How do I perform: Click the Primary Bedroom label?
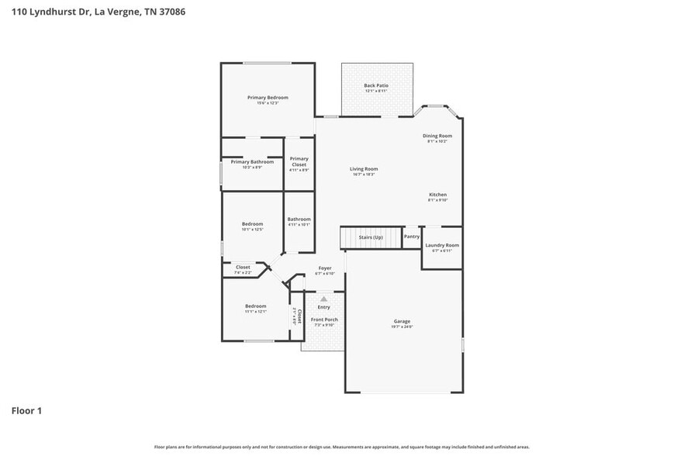268,98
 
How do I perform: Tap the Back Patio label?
376,85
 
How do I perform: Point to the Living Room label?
363,169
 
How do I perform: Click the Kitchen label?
438,195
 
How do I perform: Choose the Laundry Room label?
441,245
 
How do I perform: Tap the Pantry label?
412,237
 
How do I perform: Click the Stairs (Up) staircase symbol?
371,237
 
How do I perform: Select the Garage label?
402,321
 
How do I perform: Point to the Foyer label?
324,268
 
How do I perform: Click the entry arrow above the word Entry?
324,298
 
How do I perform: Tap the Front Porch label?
324,320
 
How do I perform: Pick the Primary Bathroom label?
252,162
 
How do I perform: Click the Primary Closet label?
299,161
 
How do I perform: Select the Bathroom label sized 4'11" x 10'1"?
299,219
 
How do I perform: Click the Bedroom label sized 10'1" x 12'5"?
252,224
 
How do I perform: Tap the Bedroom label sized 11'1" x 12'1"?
256,306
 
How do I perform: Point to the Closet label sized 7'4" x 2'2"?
243,268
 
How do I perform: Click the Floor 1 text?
26,410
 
